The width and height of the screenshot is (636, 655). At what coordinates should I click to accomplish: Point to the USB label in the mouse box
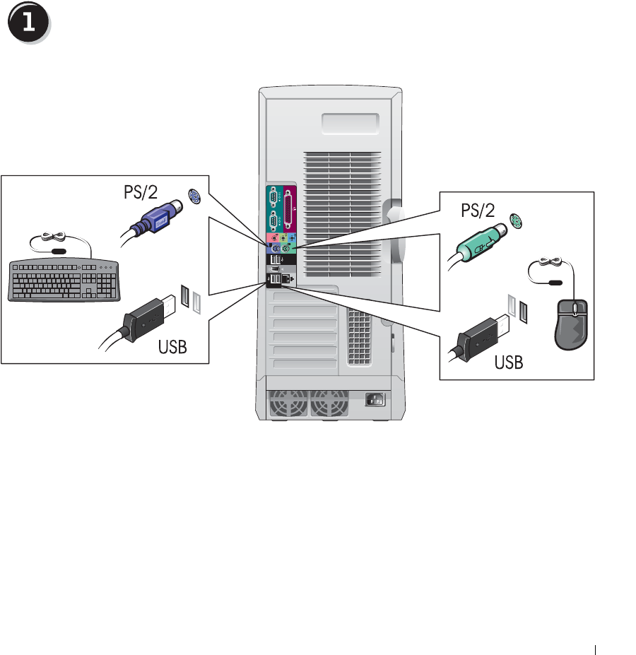point(509,363)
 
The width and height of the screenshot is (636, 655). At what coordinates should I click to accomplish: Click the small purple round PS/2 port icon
point(194,199)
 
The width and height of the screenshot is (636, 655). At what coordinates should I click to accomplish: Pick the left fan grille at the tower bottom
point(287,406)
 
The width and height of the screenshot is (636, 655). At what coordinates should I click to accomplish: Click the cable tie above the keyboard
point(54,240)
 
